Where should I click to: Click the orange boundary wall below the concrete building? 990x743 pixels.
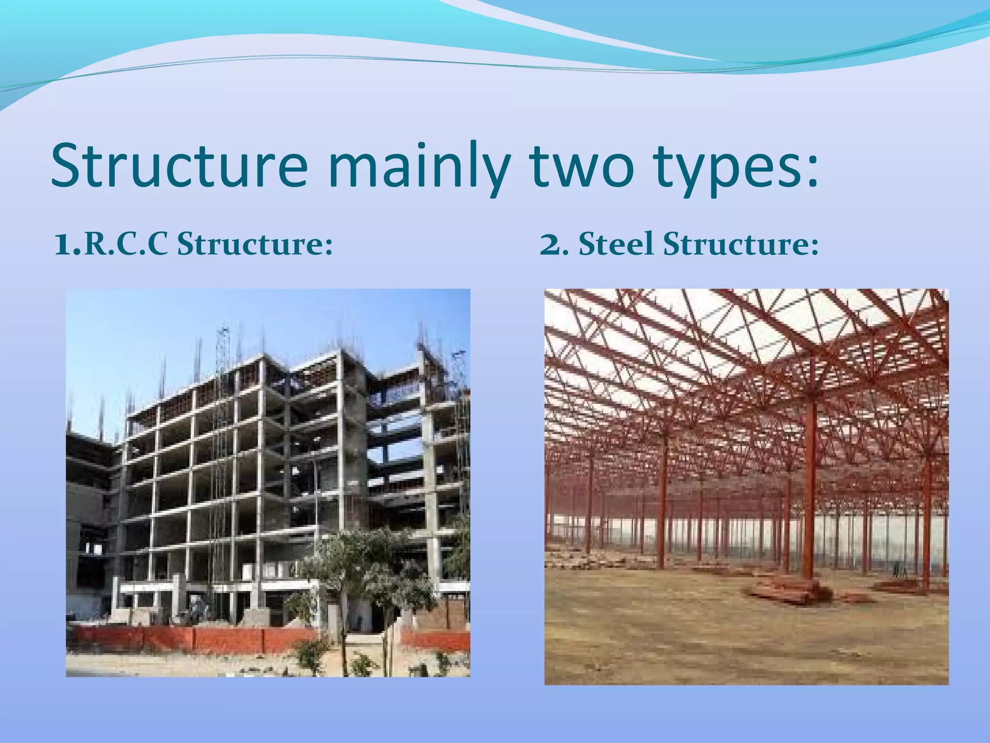[193, 639]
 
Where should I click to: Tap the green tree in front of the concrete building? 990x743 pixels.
[367, 566]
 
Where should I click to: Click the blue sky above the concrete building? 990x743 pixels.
[145, 339]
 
